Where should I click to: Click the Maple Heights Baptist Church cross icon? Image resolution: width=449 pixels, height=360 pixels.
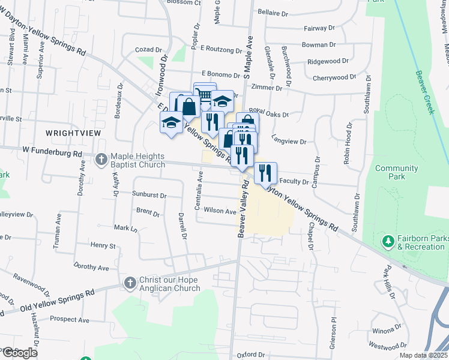[x=101, y=158]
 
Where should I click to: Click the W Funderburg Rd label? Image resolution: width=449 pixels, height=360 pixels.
[x=52, y=154]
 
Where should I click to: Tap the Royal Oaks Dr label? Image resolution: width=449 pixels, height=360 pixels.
[x=269, y=113]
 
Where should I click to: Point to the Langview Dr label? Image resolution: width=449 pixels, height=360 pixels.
[x=289, y=142]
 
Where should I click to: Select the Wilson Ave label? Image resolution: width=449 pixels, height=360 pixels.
[x=220, y=211]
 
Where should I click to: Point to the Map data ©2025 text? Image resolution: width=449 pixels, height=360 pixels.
[x=423, y=355]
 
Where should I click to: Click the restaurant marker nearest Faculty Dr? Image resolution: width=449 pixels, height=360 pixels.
[x=265, y=173]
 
